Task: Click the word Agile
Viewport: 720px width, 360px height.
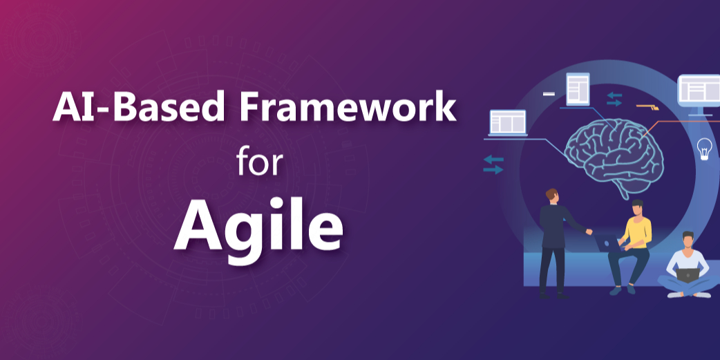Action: tap(258, 225)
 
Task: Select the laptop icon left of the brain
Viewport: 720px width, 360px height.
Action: tap(508, 124)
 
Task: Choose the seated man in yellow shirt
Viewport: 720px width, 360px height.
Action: tap(632, 245)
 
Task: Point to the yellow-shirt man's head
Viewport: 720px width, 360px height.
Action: tap(638, 207)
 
